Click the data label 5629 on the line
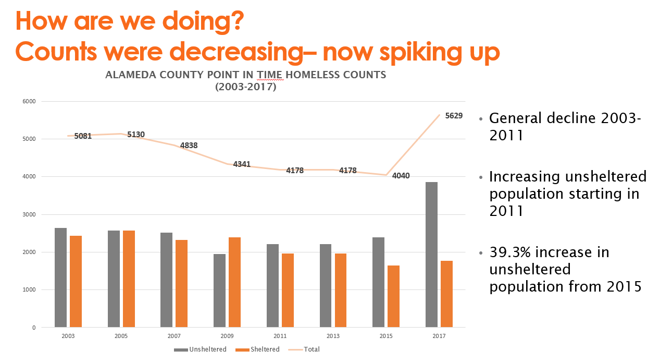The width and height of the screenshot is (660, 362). (454, 116)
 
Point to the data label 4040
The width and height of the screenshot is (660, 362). (401, 176)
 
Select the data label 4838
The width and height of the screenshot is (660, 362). (189, 146)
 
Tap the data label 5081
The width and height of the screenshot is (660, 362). (83, 136)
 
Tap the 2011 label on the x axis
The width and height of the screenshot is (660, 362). (280, 336)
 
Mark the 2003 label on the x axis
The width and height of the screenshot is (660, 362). (68, 336)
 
